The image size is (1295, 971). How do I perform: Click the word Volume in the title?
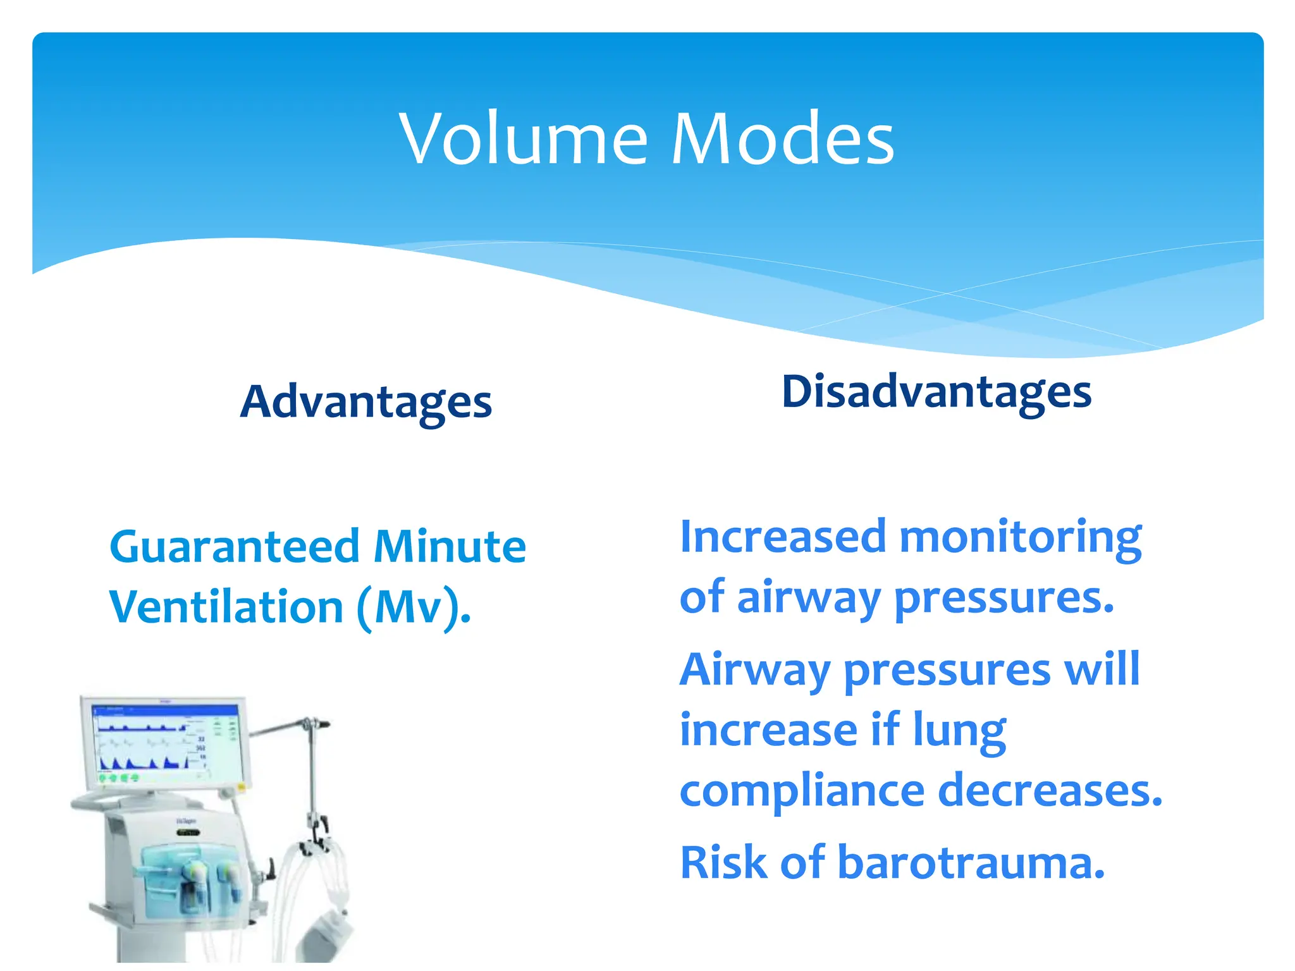(524, 139)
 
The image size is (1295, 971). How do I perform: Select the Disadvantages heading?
(936, 392)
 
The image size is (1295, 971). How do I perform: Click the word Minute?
(450, 547)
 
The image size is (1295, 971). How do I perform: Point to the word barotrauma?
(971, 863)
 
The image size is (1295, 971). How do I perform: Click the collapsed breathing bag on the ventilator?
(327, 936)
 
